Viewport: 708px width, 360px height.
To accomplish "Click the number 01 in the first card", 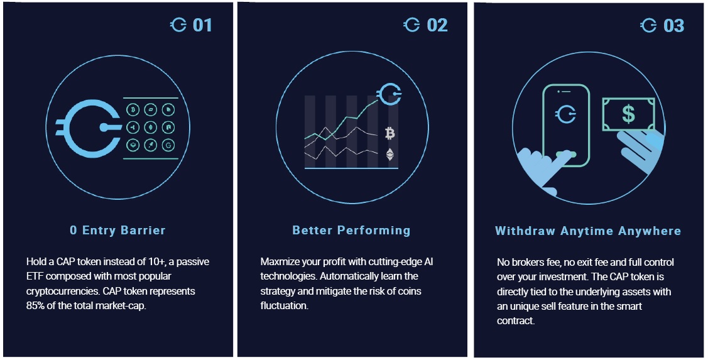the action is (x=202, y=25).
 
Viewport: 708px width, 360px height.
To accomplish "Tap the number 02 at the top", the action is (x=437, y=25).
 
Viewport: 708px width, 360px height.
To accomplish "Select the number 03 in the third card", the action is (x=673, y=26).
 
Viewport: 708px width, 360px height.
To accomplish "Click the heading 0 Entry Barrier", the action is (x=117, y=231).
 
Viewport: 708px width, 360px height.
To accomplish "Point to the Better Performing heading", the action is (x=351, y=231).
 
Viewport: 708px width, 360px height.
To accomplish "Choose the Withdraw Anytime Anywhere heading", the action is (x=588, y=231).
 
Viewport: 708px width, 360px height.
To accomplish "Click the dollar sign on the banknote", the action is (x=628, y=114).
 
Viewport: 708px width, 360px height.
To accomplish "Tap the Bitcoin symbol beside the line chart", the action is (x=389, y=133).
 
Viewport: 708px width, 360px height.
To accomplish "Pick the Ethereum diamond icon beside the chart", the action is (x=389, y=155).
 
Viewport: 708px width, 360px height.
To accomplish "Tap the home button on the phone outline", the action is (x=566, y=155).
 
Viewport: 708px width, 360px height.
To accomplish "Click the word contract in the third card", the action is (x=516, y=320).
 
